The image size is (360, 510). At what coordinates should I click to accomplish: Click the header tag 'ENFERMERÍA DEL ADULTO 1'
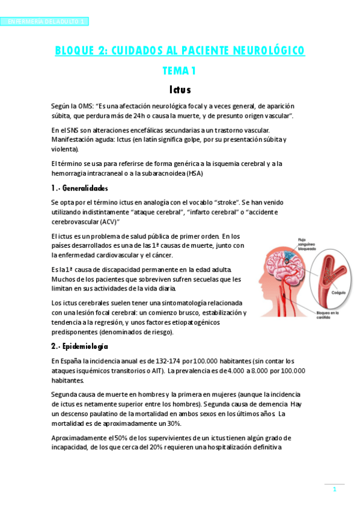coord(45,22)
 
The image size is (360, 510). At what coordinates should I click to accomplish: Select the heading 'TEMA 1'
coord(179,71)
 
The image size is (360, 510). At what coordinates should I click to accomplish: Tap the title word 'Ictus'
coord(180,90)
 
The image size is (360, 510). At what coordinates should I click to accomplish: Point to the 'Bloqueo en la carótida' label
coord(328,316)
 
